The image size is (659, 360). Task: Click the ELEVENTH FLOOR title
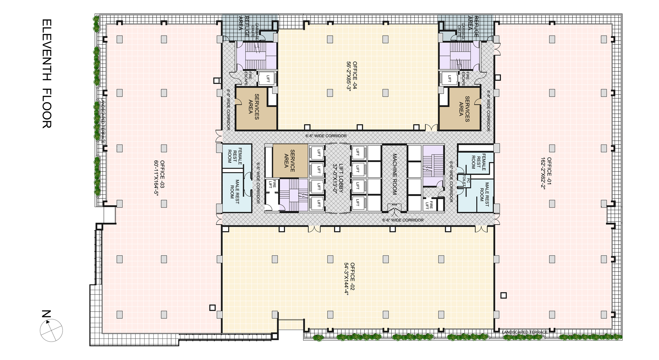[47, 73]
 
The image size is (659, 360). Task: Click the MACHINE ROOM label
[394, 174]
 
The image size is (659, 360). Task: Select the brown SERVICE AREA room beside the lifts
[290, 161]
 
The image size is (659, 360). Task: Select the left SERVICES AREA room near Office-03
[256, 109]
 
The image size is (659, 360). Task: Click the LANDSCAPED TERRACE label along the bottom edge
[525, 332]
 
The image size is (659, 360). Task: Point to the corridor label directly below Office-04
[326, 136]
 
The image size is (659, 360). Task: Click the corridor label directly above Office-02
[403, 220]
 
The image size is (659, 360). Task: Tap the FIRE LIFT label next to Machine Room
[429, 205]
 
